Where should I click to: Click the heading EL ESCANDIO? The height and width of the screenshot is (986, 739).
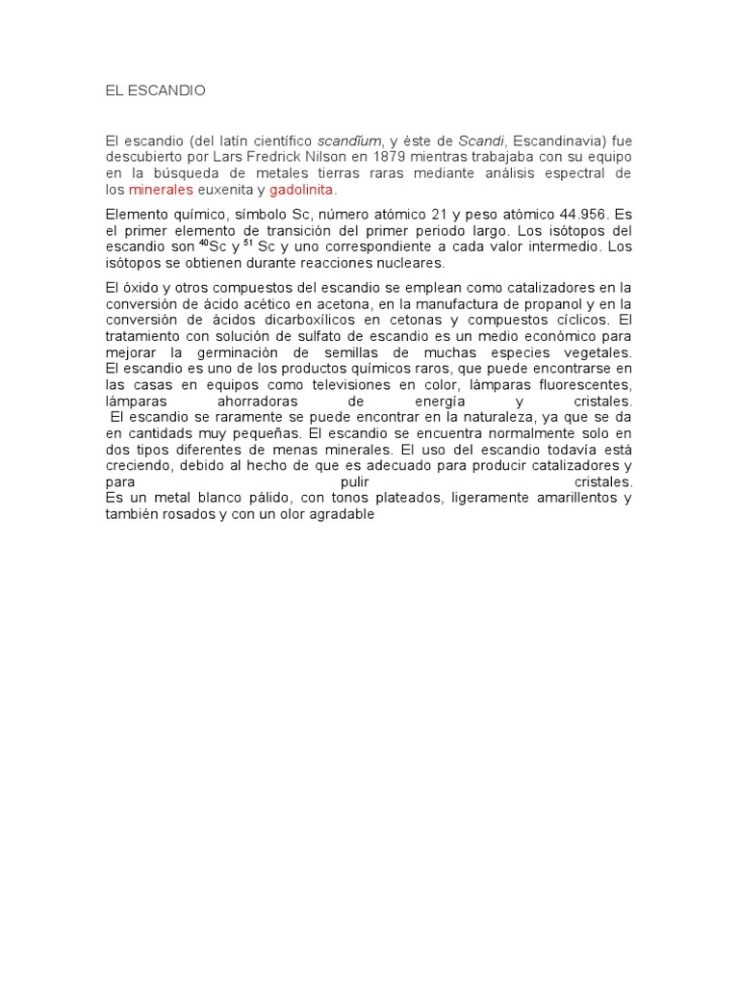click(x=155, y=91)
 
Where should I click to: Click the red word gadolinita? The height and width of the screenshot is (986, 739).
click(x=300, y=189)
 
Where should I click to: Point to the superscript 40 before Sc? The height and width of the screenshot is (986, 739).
click(x=203, y=243)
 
